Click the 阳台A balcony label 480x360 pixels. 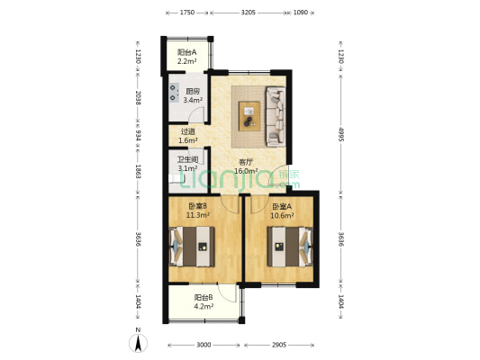tap(186, 52)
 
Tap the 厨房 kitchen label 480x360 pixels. tap(193, 91)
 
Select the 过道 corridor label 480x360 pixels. tap(188, 131)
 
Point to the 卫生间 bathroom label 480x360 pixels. tap(187, 159)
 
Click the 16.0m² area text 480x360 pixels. tap(246, 171)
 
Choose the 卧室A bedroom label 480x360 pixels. tap(282, 207)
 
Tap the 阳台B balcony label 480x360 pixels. tap(204, 297)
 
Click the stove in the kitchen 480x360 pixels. tap(174, 93)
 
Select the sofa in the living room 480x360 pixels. tap(276, 116)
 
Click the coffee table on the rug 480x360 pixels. tap(249, 116)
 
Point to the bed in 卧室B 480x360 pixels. tap(192, 247)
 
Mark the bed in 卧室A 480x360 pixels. tap(290, 247)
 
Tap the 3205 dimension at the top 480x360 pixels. tap(249, 13)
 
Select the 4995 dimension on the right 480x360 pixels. tap(341, 134)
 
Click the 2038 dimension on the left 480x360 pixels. tap(139, 98)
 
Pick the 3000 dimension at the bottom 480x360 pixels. tap(204, 345)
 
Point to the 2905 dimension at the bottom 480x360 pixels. tap(279, 345)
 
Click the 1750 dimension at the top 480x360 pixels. tap(187, 13)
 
